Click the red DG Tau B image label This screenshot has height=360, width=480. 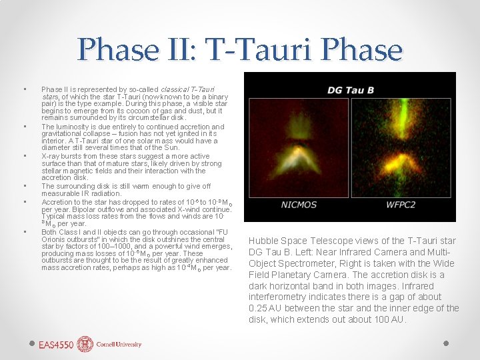[350, 90]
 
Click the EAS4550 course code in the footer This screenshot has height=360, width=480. [56, 345]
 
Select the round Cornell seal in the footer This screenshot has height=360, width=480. [85, 344]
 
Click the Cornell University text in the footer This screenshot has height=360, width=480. [118, 345]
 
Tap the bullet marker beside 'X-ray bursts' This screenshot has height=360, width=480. [24, 156]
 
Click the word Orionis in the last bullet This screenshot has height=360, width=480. [55, 240]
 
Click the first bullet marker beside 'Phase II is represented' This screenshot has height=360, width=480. [24, 89]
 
